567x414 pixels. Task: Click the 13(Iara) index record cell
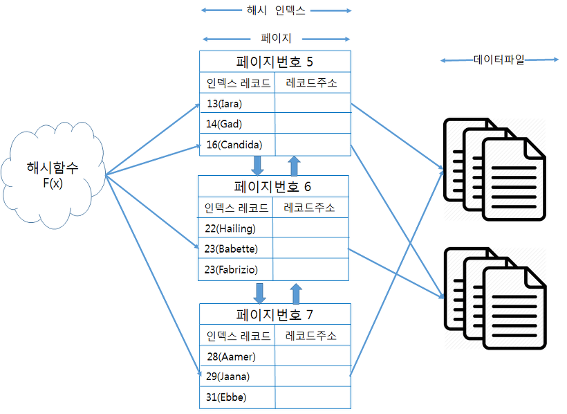pyautogui.click(x=237, y=103)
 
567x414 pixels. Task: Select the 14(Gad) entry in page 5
pyautogui.click(x=237, y=123)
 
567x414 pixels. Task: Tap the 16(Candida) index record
pyautogui.click(x=237, y=145)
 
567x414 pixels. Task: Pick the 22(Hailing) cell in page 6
pyautogui.click(x=235, y=228)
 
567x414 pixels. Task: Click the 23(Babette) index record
pyautogui.click(x=235, y=249)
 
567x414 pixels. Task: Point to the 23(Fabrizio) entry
pyautogui.click(x=235, y=269)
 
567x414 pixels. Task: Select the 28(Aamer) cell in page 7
pyautogui.click(x=237, y=356)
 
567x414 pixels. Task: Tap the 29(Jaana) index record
pyautogui.click(x=237, y=376)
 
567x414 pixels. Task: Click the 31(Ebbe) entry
pyautogui.click(x=237, y=397)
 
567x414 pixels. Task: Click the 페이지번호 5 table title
pyautogui.click(x=275, y=62)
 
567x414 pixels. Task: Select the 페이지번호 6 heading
pyautogui.click(x=272, y=186)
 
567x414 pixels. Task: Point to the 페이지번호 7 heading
pyautogui.click(x=275, y=314)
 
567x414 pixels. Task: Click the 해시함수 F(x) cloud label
pyautogui.click(x=53, y=175)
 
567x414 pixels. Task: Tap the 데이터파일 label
pyautogui.click(x=499, y=60)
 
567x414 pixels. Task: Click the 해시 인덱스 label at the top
pyautogui.click(x=276, y=10)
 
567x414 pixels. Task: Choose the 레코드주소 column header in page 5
pyautogui.click(x=311, y=82)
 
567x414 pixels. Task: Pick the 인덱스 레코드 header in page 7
pyautogui.click(x=239, y=336)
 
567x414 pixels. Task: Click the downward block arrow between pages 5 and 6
pyautogui.click(x=257, y=165)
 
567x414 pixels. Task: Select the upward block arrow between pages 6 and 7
pyautogui.click(x=296, y=294)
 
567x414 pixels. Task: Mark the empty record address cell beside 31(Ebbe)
pyautogui.click(x=313, y=397)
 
